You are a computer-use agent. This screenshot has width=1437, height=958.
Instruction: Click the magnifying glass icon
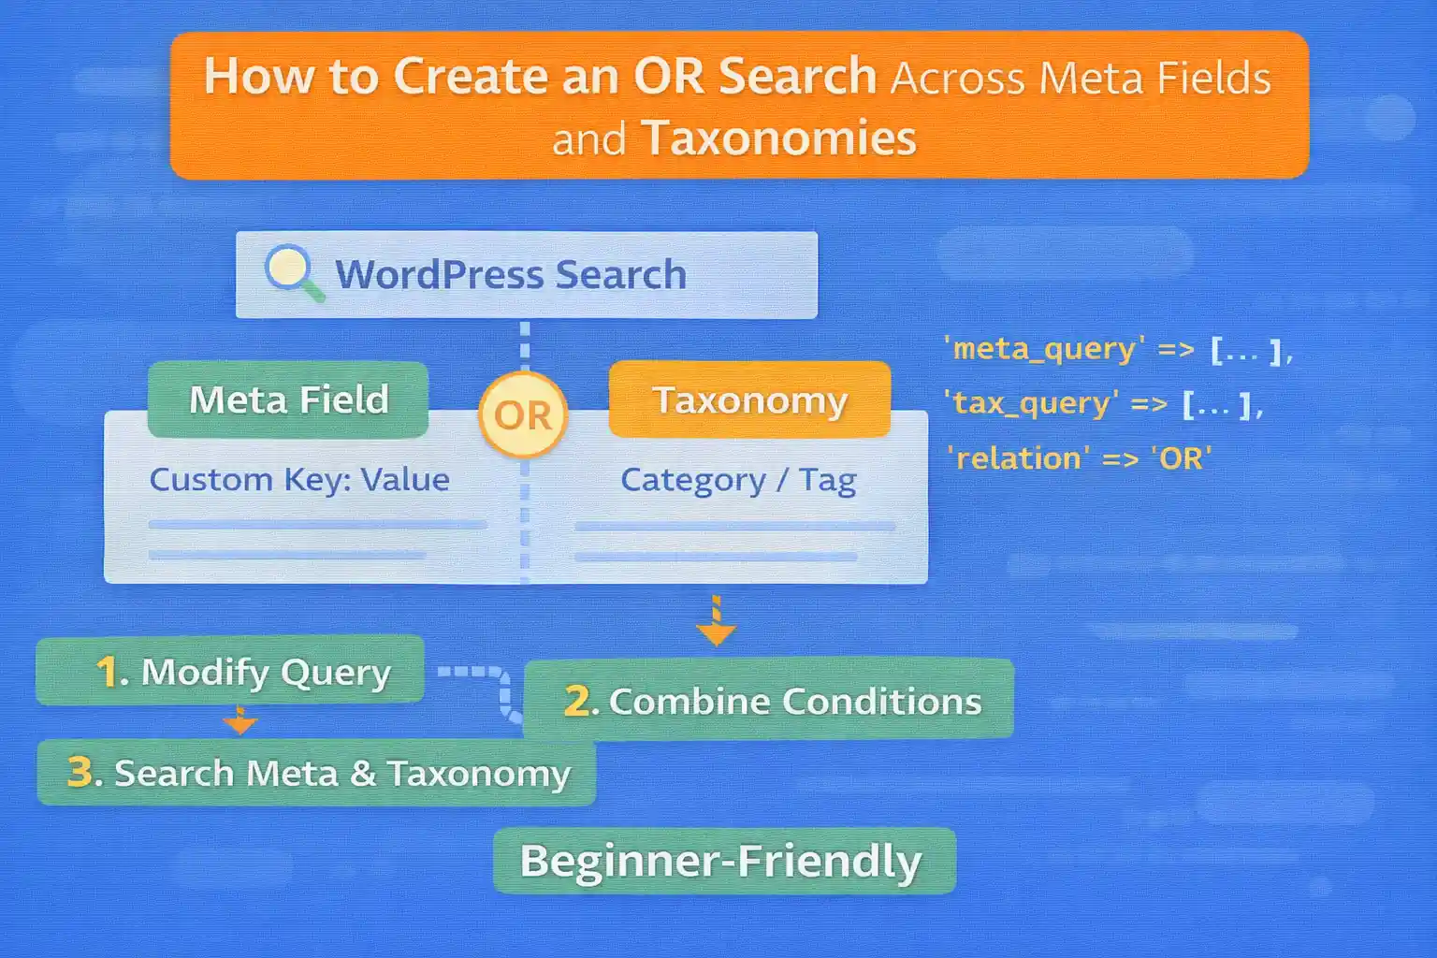pyautogui.click(x=292, y=271)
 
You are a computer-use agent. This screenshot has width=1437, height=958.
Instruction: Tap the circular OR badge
pyautogui.click(x=523, y=414)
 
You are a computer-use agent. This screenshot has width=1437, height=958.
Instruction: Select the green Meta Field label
pyautogui.click(x=288, y=400)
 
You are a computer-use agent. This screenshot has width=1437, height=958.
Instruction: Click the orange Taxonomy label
pyautogui.click(x=749, y=400)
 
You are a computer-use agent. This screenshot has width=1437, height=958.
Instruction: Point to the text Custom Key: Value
pyautogui.click(x=299, y=480)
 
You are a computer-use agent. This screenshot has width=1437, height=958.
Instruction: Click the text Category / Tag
pyautogui.click(x=738, y=480)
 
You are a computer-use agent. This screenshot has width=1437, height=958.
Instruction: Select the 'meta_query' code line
pyautogui.click(x=1118, y=350)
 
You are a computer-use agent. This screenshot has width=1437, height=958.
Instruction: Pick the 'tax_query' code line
pyautogui.click(x=1104, y=404)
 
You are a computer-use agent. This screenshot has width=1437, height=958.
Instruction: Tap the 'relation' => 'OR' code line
pyautogui.click(x=1079, y=458)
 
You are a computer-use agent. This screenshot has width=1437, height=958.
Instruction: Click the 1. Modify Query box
pyautogui.click(x=230, y=671)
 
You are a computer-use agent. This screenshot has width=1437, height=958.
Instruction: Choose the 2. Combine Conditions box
pyautogui.click(x=769, y=700)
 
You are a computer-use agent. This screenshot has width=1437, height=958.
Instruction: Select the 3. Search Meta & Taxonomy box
pyautogui.click(x=316, y=773)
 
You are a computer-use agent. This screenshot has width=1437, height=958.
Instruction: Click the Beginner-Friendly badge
pyautogui.click(x=723, y=861)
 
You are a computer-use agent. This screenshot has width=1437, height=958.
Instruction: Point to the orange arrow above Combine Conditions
pyautogui.click(x=716, y=623)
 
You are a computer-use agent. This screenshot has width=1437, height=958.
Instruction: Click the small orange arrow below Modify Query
pyautogui.click(x=240, y=721)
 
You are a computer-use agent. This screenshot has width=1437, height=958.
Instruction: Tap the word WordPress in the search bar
pyautogui.click(x=439, y=275)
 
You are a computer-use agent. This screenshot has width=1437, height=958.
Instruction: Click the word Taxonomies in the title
pyautogui.click(x=778, y=138)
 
